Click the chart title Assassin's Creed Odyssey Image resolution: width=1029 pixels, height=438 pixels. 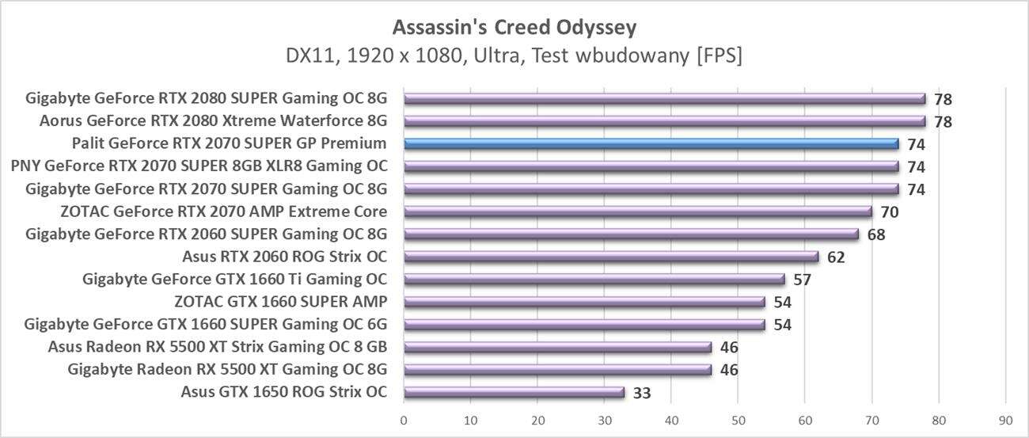point(514,28)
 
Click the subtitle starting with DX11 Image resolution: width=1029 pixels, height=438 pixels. point(514,56)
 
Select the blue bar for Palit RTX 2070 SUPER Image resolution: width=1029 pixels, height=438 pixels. point(651,144)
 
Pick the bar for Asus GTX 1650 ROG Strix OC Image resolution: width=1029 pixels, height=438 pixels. point(514,392)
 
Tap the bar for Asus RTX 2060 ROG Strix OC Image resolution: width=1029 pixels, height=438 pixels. point(610,257)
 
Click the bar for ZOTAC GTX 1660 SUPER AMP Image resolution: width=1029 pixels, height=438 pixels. point(584,302)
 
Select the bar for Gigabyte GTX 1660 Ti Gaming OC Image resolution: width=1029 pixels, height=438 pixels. point(594,280)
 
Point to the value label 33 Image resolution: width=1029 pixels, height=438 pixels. point(641,392)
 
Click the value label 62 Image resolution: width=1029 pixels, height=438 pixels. point(836,257)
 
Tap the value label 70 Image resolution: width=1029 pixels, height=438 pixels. point(889,212)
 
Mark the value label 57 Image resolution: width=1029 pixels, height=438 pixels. point(802,280)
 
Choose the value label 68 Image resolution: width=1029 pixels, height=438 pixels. point(875,234)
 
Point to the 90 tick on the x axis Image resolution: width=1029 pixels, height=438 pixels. point(1005,420)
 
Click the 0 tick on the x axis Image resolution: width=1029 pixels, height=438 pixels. point(404,420)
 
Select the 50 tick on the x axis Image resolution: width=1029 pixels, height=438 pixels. point(738,420)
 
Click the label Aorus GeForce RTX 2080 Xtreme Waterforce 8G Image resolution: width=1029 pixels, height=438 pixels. point(213,121)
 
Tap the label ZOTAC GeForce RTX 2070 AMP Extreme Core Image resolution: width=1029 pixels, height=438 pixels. point(223,211)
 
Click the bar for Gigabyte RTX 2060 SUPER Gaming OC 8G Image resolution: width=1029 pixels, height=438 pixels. point(631,234)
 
